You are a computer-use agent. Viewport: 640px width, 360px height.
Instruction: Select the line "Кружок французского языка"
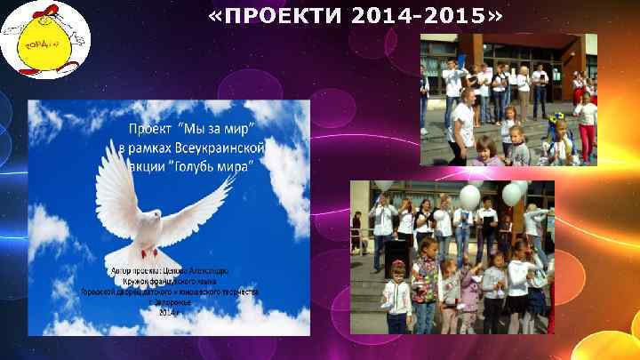[169, 279]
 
